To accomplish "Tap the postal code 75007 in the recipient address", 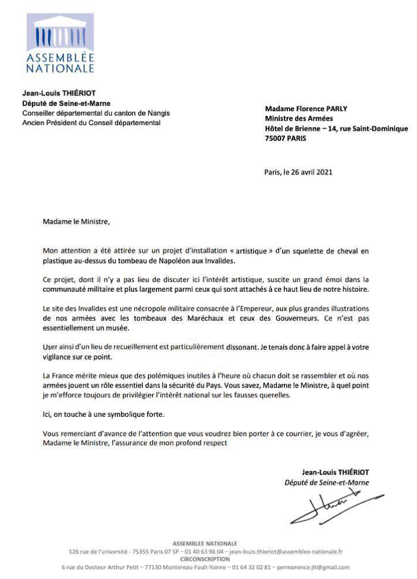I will [x=276, y=138].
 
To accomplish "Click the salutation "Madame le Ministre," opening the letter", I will [x=75, y=221].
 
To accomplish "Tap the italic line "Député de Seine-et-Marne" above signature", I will [x=327, y=482].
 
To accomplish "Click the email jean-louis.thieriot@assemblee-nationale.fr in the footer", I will [x=286, y=552].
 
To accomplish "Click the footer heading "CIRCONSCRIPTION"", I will [x=205, y=559].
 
